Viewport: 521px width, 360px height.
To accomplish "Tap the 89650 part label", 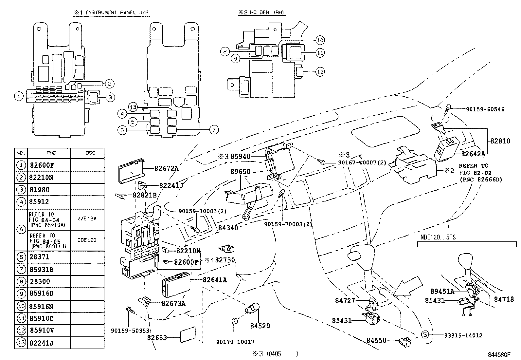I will tap(240, 172).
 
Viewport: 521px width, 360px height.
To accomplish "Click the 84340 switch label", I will tap(228, 228).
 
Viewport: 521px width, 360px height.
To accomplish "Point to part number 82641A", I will tap(215, 280).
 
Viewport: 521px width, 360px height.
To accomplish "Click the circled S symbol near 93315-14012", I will tap(424, 334).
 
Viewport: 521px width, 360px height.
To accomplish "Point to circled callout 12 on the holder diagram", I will tap(320, 71).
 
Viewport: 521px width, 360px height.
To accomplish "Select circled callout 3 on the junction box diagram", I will tap(110, 97).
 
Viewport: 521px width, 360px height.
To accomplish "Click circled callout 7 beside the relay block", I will tap(213, 130).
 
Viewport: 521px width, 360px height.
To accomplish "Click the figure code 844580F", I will tap(499, 355).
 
